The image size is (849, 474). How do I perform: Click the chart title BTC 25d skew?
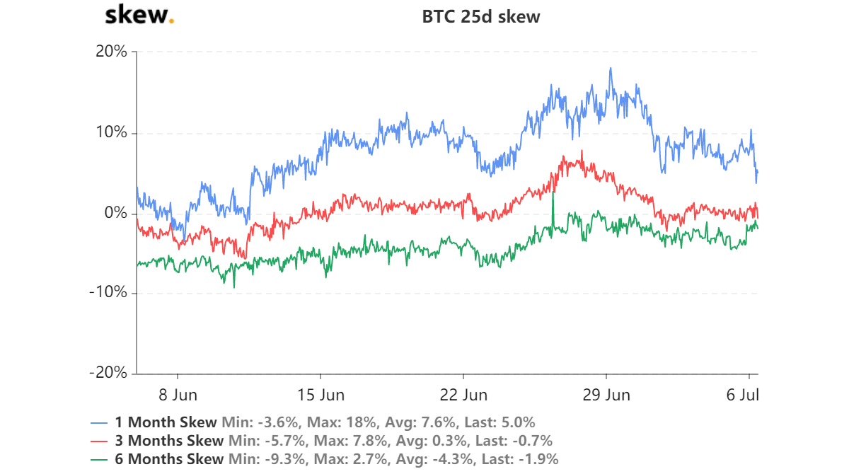[481, 17]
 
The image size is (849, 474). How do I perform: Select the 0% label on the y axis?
[115, 213]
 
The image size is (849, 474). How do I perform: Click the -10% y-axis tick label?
[108, 293]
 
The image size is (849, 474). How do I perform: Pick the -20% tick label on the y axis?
[108, 373]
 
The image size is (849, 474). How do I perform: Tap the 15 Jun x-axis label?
[320, 395]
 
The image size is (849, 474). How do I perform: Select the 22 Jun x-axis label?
[463, 395]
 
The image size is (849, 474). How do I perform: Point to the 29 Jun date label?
[606, 395]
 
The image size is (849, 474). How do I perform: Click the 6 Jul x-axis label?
[744, 395]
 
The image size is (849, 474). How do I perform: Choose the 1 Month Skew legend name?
[166, 422]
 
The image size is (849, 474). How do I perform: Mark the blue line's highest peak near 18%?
[611, 69]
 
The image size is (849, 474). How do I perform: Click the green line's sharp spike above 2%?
[552, 193]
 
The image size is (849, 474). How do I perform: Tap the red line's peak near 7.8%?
[582, 151]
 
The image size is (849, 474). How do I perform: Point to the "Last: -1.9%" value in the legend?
[521, 459]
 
